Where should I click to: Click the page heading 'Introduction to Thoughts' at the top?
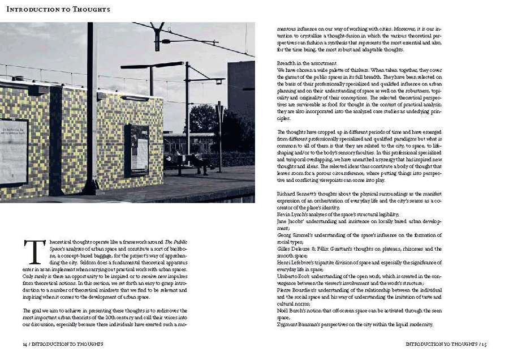pos(58,9)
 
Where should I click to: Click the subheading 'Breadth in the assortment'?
pos(307,62)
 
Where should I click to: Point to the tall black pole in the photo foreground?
pos(91,108)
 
